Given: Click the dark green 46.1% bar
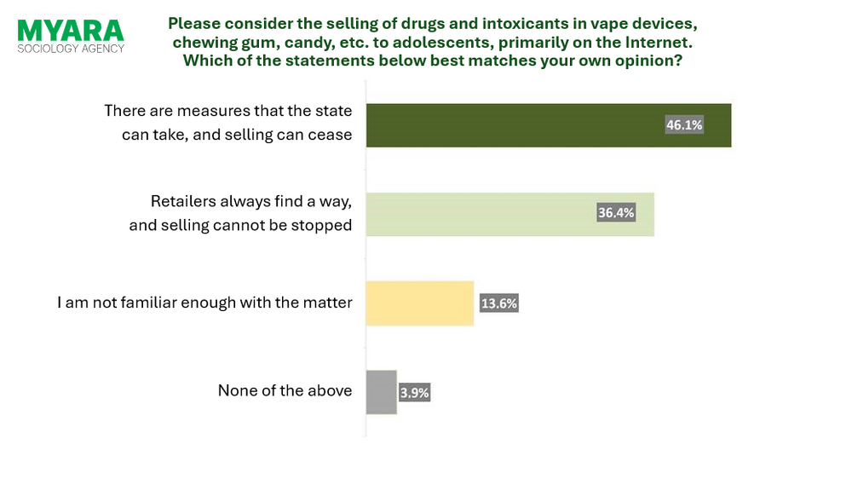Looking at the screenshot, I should (511, 125).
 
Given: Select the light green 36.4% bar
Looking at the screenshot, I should (477, 214).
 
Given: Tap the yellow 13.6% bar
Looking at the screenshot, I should (419, 303).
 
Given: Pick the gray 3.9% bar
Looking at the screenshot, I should (381, 392).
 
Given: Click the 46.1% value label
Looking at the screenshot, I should (684, 125).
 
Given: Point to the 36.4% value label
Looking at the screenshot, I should (616, 213).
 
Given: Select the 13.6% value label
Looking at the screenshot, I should (498, 303).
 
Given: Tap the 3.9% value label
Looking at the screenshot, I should (414, 393).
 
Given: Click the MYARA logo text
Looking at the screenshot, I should (71, 31).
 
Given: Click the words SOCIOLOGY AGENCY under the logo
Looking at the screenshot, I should (71, 49).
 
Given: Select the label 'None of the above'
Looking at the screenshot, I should (285, 390).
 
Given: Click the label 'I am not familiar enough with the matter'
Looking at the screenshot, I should (204, 302).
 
